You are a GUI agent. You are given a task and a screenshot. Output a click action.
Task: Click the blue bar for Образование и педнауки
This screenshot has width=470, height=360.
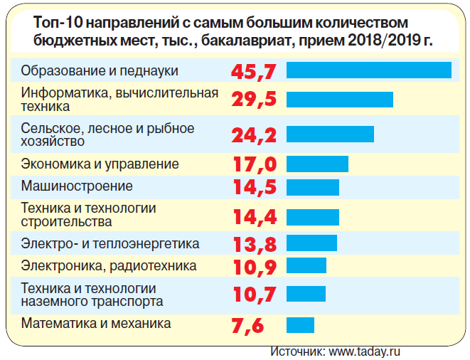tap(368, 70)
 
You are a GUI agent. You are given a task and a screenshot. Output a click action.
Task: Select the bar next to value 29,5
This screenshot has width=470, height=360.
tap(339, 100)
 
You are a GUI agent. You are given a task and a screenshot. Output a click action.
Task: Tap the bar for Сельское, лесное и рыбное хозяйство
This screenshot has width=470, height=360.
tap(330, 134)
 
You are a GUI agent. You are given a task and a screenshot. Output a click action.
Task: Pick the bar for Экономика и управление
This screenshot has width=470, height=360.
tap(317, 164)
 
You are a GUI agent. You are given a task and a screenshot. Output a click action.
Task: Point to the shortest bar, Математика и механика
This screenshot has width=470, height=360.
tap(300, 325)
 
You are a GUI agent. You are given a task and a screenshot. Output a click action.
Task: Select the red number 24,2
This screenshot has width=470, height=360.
tap(253, 134)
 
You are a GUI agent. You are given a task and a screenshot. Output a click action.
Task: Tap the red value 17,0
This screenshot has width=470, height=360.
tap(254, 164)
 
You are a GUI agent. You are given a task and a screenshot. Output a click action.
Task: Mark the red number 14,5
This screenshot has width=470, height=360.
tap(254, 187)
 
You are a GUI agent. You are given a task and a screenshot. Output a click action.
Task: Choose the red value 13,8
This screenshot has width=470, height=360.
tap(254, 244)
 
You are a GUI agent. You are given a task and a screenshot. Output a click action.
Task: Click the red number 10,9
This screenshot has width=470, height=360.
tap(254, 267)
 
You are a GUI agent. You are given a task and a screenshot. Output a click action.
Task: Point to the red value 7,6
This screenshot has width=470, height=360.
tap(248, 326)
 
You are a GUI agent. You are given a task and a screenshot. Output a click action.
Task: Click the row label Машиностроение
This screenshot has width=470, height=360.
tap(77, 186)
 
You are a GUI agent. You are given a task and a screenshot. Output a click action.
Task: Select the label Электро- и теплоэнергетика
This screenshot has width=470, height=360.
tap(110, 244)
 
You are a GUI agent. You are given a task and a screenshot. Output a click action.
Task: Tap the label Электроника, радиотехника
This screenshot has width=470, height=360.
tap(109, 267)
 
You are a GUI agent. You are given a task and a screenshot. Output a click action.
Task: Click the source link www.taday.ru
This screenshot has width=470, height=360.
tap(365, 351)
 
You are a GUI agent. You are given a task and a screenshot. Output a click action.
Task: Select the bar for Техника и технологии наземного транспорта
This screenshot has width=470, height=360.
tap(306, 294)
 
